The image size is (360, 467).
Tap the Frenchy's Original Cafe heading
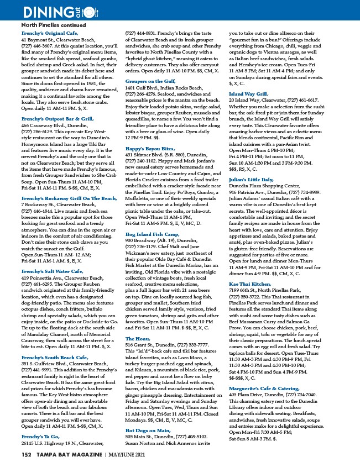click(x=50, y=34)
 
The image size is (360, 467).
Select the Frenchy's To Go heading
click(x=41, y=421)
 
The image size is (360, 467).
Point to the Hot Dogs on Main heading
click(x=148, y=429)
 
